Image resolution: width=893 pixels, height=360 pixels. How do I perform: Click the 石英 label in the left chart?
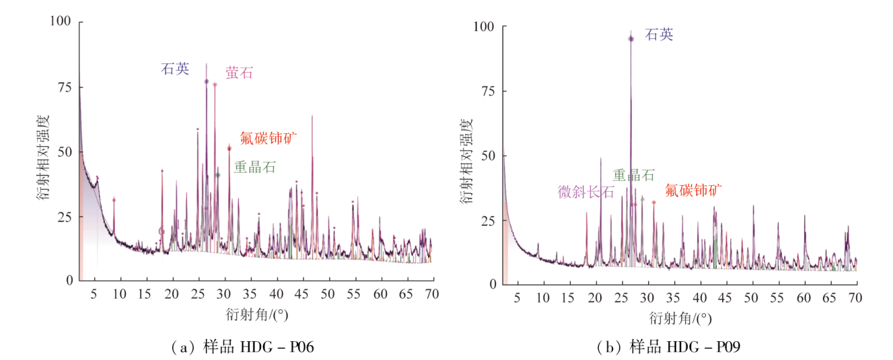click(x=175, y=69)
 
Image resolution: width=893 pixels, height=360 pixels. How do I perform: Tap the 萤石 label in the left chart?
click(x=239, y=73)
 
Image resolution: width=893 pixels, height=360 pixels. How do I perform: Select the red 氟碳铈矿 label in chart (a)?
click(x=269, y=138)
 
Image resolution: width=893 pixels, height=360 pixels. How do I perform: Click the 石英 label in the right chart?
click(x=659, y=35)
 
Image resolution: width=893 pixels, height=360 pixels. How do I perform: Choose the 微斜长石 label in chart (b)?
click(x=586, y=192)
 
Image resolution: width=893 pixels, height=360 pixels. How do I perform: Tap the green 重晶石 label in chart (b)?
click(x=633, y=176)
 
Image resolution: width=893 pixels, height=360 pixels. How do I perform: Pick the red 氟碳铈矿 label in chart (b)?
click(x=694, y=190)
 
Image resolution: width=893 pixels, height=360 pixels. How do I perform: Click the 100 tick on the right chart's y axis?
click(x=485, y=27)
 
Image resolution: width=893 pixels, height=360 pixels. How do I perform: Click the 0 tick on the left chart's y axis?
click(x=69, y=280)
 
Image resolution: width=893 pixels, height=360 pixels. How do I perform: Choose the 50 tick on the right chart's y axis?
click(x=489, y=156)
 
